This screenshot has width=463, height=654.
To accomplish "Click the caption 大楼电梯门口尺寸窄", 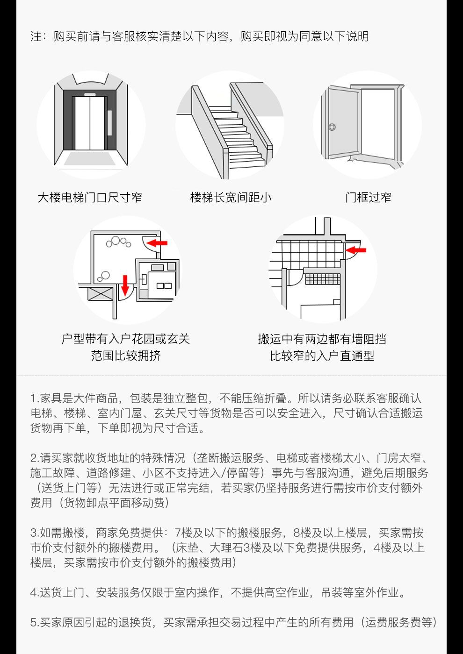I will (x=90, y=197).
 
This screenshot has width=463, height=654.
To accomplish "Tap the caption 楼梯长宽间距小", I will (x=231, y=197).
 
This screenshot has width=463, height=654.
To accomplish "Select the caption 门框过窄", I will (x=368, y=197).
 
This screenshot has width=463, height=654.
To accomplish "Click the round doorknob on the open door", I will (x=332, y=127).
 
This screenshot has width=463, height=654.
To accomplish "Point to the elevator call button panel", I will (x=110, y=123).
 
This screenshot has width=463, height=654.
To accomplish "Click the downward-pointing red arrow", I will (x=125, y=284).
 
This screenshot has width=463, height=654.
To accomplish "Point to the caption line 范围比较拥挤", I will (x=126, y=355).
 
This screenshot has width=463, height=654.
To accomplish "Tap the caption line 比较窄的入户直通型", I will (x=322, y=355).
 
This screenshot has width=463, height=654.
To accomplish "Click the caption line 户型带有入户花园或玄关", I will (x=126, y=339).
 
